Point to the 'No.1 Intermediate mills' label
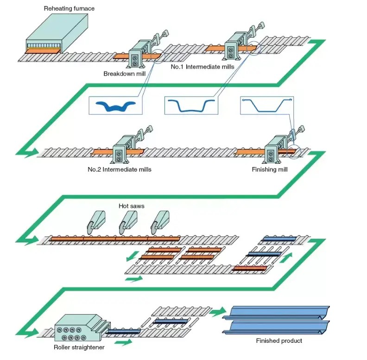coord(202,67)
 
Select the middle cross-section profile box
coord(191,106)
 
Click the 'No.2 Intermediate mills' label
coord(120,169)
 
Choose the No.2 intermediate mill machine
coord(122,148)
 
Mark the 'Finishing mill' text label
coord(270,169)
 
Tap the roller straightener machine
coord(77,327)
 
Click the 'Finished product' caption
coord(279,341)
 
